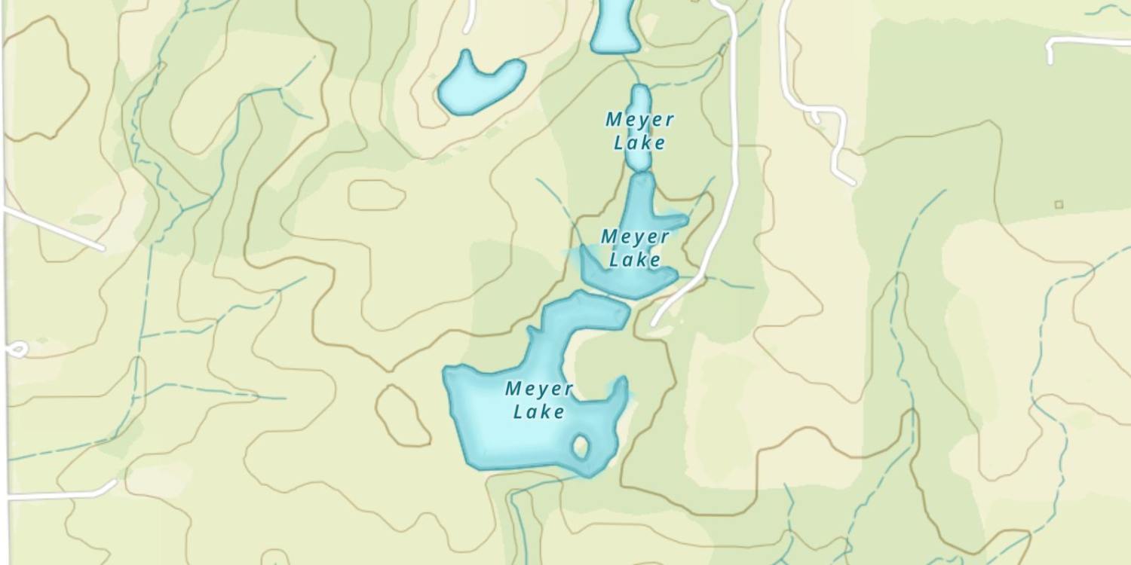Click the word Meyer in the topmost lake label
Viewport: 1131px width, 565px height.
point(640,119)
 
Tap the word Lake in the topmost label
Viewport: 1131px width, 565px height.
point(639,142)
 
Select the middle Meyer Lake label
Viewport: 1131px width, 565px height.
point(635,248)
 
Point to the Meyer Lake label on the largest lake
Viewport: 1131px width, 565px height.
point(538,400)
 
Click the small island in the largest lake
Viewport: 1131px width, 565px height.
point(581,446)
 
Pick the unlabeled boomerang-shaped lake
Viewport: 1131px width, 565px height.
point(479,84)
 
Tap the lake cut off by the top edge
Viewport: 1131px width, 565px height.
point(612,26)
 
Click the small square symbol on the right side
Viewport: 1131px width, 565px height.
point(1059,204)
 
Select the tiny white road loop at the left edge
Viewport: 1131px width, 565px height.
point(17,350)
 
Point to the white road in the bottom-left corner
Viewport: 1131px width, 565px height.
point(60,495)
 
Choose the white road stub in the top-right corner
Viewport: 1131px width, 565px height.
point(1086,41)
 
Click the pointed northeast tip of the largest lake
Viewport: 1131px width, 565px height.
point(621,386)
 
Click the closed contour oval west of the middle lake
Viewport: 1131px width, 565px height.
point(375,195)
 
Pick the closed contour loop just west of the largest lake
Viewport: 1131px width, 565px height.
point(402,415)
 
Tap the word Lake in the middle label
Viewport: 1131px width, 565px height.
point(635,260)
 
